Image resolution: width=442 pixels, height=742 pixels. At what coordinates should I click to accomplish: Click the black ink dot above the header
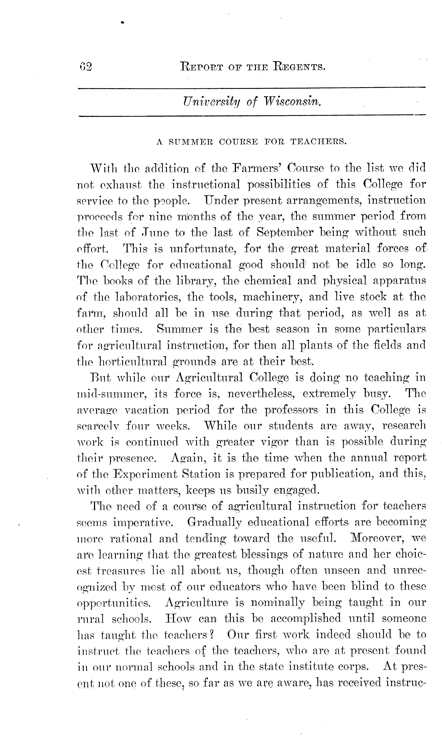(122, 22)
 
